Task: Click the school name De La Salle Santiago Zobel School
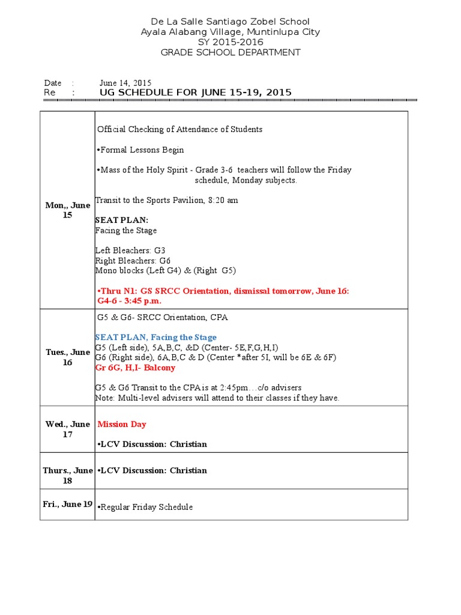click(x=230, y=22)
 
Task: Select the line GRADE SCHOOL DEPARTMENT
click(x=230, y=52)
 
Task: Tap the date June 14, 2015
click(x=125, y=83)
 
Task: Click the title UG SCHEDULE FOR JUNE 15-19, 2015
click(x=196, y=92)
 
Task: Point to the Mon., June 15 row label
click(x=67, y=210)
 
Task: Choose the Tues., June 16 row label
click(x=67, y=357)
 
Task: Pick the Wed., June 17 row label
click(x=67, y=429)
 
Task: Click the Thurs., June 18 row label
click(x=67, y=475)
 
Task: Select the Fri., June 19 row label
click(x=67, y=504)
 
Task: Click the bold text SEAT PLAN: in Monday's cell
click(x=121, y=220)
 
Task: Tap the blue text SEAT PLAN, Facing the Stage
click(x=156, y=338)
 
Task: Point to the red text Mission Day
click(x=122, y=424)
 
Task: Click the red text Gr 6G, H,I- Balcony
click(x=135, y=368)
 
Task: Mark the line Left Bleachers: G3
click(x=130, y=250)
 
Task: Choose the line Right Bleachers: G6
click(x=133, y=261)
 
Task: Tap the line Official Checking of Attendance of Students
click(x=179, y=129)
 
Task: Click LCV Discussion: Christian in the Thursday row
click(x=153, y=470)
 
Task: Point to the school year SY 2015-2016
click(x=230, y=42)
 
